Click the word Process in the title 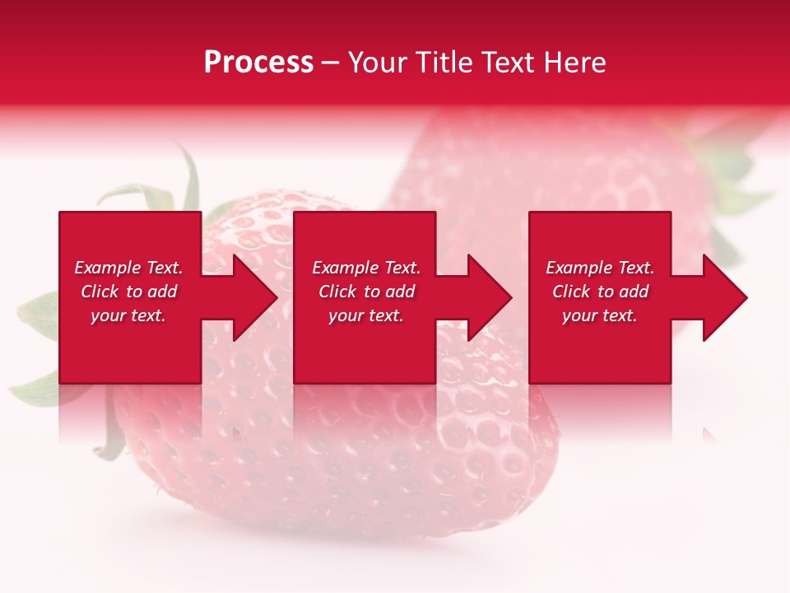pos(258,63)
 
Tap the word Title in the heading pos(442,63)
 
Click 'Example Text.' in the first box pos(128,268)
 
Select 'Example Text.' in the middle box pos(366,268)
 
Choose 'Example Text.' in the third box pos(600,268)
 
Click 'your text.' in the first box pos(128,315)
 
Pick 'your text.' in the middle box pos(366,315)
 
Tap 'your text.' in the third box pos(600,315)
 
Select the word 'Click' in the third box pos(572,292)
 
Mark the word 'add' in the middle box pos(400,292)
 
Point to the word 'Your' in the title pos(379,63)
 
